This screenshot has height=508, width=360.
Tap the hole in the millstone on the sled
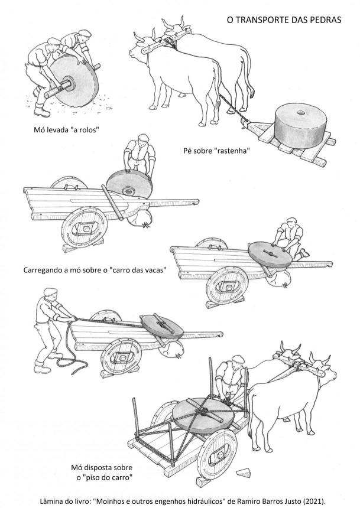301,113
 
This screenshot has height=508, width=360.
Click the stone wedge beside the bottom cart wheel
243,473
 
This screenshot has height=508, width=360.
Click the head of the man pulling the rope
51,294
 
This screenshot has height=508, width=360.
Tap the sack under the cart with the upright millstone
140,218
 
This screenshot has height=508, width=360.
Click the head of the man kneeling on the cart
291,222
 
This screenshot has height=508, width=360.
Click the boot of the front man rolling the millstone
42,112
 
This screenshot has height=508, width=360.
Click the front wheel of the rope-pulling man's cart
121,356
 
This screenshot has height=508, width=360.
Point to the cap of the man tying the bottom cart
237,358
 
